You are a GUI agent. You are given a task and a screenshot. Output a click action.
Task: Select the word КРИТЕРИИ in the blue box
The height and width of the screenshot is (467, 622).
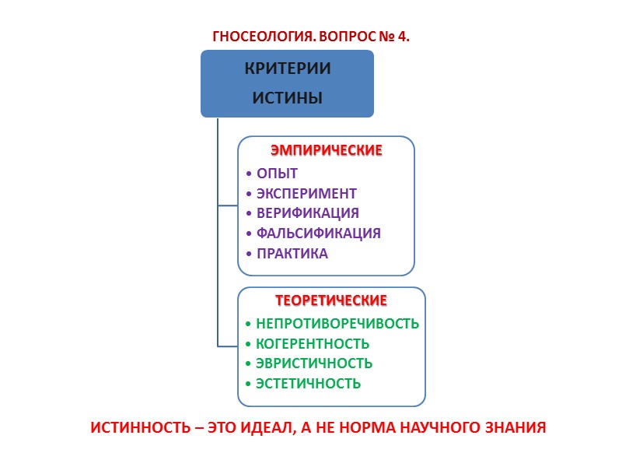[x=287, y=68]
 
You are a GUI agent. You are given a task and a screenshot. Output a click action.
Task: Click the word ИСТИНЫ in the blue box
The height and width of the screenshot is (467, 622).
[x=287, y=98]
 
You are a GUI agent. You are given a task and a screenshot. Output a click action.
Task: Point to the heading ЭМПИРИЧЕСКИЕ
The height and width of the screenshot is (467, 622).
[x=326, y=150]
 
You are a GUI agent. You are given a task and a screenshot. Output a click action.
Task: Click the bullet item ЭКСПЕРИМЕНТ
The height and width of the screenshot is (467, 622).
[x=306, y=193]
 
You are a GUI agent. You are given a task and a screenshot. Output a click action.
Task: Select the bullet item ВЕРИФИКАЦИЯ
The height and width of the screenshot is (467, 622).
[x=307, y=212]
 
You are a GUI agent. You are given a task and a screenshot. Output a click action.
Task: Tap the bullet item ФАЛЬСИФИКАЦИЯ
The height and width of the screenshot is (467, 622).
[x=318, y=233]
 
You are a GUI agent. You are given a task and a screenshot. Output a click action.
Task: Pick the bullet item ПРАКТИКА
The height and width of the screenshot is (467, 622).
[x=292, y=253]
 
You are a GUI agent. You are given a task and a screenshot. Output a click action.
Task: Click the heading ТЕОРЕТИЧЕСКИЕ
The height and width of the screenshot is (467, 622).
[x=331, y=300]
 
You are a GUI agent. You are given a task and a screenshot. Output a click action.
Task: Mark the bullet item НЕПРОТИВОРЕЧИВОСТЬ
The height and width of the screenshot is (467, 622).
[x=337, y=323]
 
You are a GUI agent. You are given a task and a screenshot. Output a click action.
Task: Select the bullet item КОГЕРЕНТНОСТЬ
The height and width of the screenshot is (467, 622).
[x=313, y=343]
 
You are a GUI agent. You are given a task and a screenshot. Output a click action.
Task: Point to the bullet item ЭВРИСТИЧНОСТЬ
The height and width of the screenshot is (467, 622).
[x=314, y=363]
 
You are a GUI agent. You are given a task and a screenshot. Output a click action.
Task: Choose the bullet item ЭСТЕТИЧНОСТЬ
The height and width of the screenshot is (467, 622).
[x=308, y=383]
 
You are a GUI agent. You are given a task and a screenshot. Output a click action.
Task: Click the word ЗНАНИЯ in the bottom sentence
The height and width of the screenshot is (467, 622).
[x=516, y=428]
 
